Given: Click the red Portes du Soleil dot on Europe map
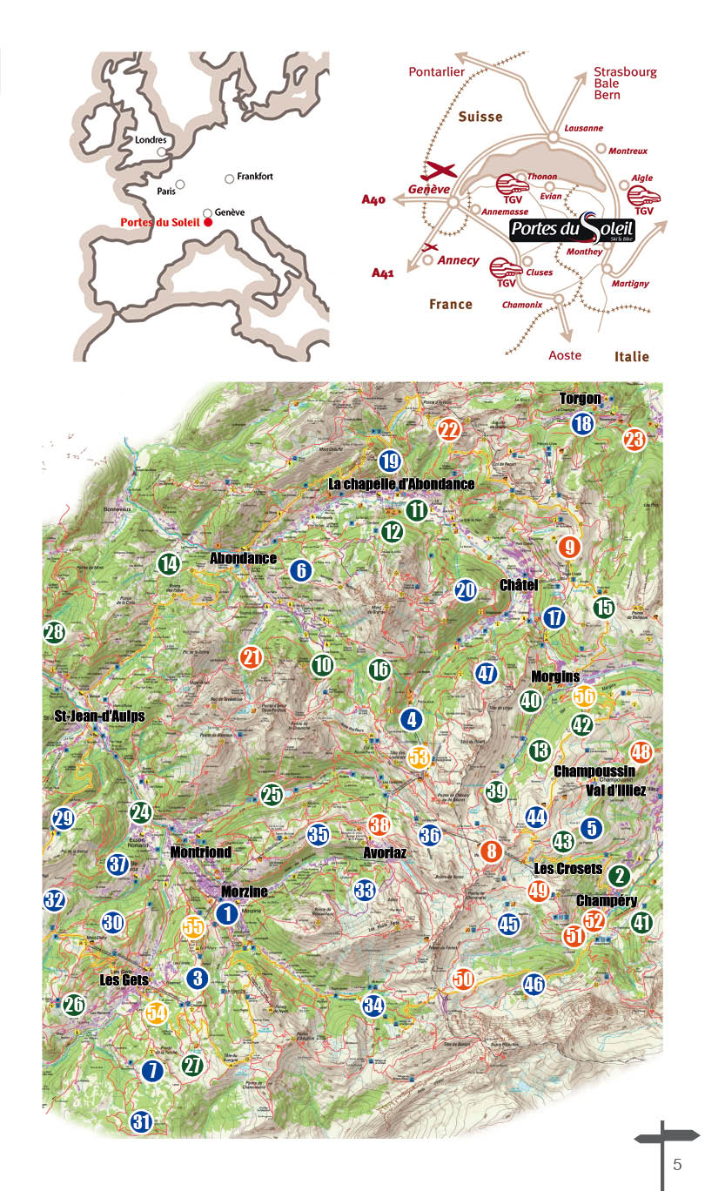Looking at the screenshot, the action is pos(209,223).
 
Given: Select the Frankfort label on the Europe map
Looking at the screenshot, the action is pos(255,176).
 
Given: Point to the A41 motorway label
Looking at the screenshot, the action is pos(383,273).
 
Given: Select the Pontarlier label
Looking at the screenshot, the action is pos(437,72).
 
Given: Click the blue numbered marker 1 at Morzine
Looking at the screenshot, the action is pos(227,913).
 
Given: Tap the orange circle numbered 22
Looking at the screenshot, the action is pos(449,429).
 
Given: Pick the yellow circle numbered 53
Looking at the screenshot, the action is pos(420,757).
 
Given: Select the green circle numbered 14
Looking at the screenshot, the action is pos(169,564).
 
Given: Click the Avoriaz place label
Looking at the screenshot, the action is pos(384,853).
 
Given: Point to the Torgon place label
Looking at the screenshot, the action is pos(580,399).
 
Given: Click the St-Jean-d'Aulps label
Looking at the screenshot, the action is pos(93,716).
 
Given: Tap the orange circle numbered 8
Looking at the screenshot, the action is pos(492,851).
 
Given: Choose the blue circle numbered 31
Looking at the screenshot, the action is pos(142,1122).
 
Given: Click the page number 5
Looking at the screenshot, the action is pos(677,1165).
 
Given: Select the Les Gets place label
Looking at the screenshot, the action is pos(121,979).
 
